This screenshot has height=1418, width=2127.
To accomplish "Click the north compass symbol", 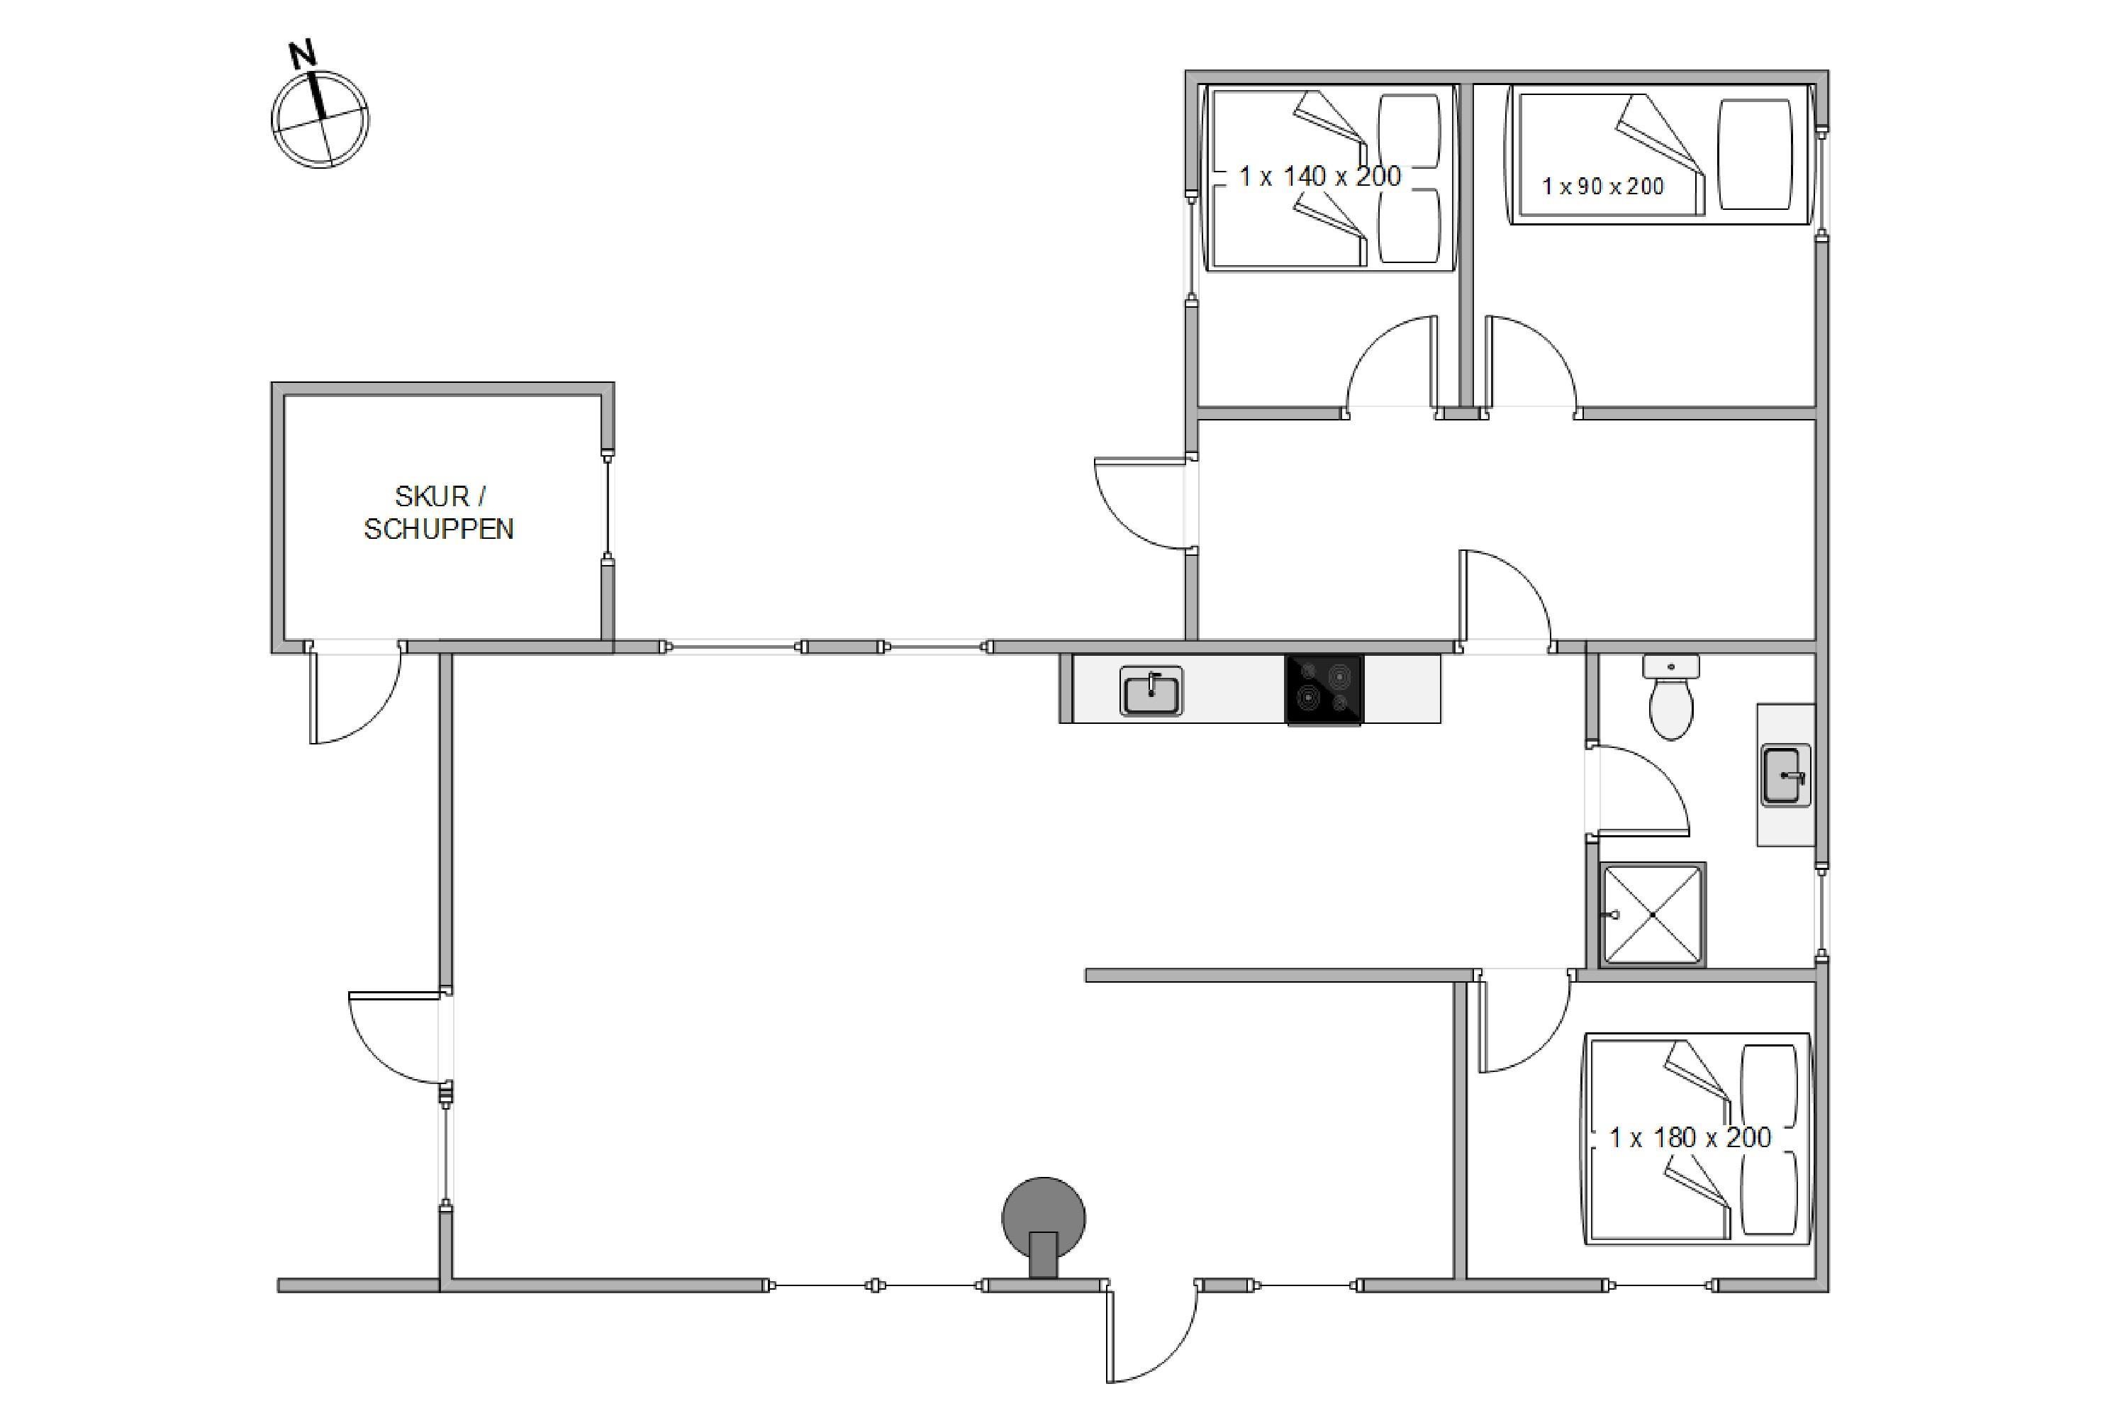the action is click(320, 119).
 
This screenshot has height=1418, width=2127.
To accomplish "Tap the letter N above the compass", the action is click(303, 55).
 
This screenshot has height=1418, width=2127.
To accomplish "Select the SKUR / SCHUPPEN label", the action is click(440, 513).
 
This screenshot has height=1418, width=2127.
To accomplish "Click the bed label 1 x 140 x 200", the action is click(1320, 177).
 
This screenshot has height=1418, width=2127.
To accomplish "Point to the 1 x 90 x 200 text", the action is click(1603, 186).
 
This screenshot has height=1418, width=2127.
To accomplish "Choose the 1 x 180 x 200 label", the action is click(1690, 1138).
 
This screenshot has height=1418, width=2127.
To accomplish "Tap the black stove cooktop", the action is click(1324, 690).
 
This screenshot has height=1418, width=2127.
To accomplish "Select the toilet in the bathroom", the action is click(1671, 696).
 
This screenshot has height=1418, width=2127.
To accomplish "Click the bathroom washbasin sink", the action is click(1785, 775).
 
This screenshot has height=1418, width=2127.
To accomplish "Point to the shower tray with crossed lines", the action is click(1652, 915).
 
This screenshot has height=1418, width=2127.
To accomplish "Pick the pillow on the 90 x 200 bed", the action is click(1754, 155).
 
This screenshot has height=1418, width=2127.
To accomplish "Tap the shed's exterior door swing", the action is click(354, 693).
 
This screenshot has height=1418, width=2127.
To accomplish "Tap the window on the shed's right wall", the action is click(608, 506).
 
